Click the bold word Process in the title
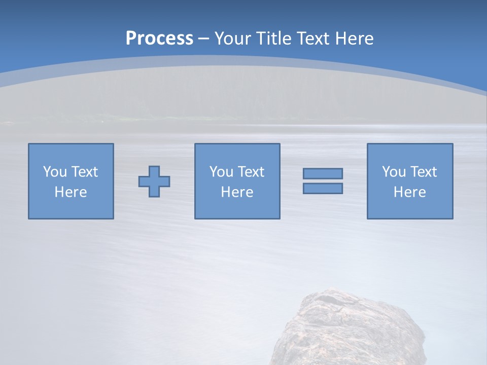[159, 39]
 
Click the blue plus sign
[154, 181]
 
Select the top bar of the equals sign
[323, 174]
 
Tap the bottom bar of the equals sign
[323, 188]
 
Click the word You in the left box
[55, 172]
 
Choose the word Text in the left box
[84, 172]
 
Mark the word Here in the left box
[71, 192]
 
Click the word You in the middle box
[221, 172]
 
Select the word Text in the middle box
[251, 172]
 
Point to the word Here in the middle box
[237, 192]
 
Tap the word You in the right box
[394, 172]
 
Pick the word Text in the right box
[423, 172]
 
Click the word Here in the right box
[409, 192]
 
